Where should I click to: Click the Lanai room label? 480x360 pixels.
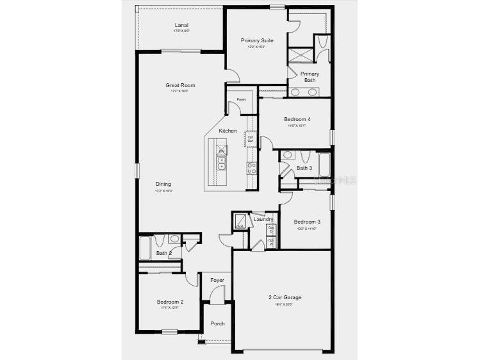coord(181,26)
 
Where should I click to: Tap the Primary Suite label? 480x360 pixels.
coord(257,40)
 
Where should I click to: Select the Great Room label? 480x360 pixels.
coord(180,85)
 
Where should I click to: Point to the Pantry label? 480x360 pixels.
coord(241,99)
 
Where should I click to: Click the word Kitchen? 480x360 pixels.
coord(228,131)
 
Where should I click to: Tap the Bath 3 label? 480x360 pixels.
coord(304,168)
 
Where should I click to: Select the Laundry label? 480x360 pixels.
coord(263,219)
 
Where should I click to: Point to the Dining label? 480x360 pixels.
coord(163,184)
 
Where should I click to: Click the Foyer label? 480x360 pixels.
coord(217,280)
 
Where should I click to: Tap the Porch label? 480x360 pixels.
coord(217,323)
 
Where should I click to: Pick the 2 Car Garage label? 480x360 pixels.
coord(285,297)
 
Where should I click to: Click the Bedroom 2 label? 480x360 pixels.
coord(170,302)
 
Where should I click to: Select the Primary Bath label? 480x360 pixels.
coord(310,77)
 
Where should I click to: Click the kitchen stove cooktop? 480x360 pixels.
coord(252,168)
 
